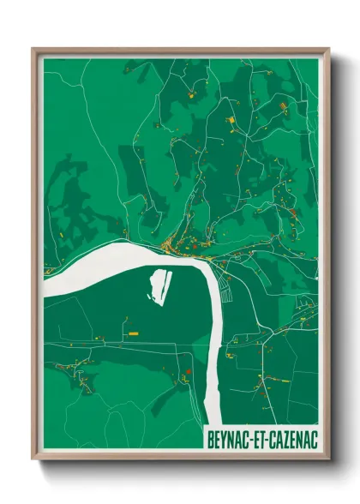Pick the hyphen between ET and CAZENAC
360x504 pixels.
pyautogui.click(x=268, y=439)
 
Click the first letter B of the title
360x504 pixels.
pyautogui.click(x=211, y=439)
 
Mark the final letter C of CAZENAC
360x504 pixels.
pyautogui.click(x=313, y=439)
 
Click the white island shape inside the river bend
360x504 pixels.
pyautogui.click(x=159, y=286)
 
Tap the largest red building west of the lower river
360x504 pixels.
pyautogui.click(x=187, y=372)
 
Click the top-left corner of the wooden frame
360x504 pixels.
pyautogui.click(x=33, y=49)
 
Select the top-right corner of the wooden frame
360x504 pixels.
pyautogui.click(x=329, y=49)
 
